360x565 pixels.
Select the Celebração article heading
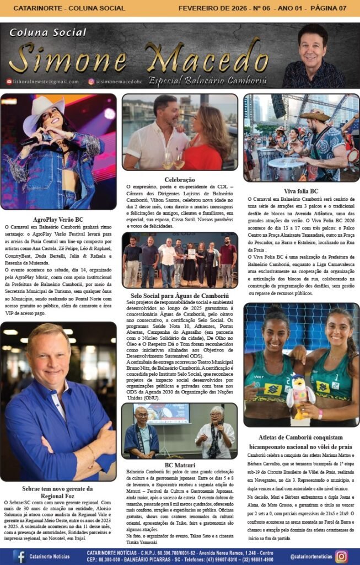tap(180, 179)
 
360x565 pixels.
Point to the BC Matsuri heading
tap(180, 465)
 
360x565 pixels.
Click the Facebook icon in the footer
tap(20, 556)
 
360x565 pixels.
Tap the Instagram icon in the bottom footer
tap(341, 556)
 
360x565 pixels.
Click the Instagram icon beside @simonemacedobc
tap(91, 82)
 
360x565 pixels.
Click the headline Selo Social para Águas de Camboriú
tap(180, 295)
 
